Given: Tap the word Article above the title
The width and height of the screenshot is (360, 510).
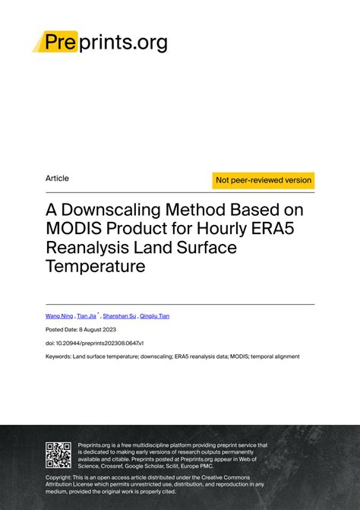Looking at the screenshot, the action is (57, 179).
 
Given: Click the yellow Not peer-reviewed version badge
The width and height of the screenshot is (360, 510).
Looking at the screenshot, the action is (264, 180).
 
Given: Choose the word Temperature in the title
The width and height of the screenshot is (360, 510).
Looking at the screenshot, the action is (95, 266).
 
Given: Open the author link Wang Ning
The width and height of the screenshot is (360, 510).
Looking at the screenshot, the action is (59, 315).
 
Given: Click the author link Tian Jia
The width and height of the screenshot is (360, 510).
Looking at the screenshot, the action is (87, 315).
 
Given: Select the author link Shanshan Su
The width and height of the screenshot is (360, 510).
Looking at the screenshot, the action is (121, 315).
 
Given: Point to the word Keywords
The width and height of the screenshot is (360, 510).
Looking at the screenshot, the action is (58, 356).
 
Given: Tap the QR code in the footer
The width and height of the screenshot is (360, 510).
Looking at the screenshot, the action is (58, 454).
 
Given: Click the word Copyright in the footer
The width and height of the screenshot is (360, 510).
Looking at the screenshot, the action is (62, 477).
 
